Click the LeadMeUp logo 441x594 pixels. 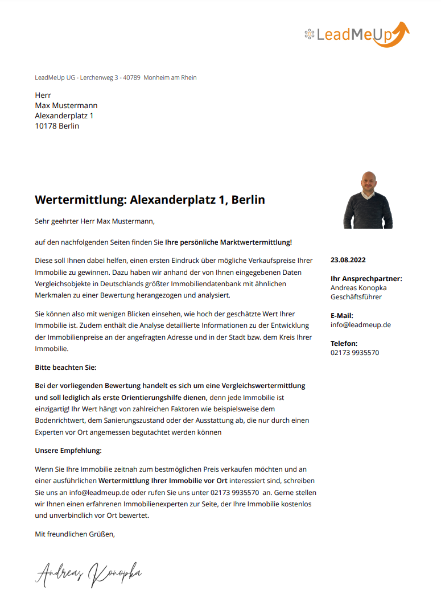[357, 34]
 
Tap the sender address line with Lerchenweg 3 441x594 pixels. [116, 77]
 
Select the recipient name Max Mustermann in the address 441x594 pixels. [66, 105]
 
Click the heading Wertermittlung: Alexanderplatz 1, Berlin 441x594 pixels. [150, 200]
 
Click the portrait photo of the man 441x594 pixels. [368, 200]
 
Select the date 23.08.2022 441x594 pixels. [348, 260]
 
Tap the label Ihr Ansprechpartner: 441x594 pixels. [366, 279]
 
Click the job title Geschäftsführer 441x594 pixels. [356, 297]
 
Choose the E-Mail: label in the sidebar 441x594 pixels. [341, 315]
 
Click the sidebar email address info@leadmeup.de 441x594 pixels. [360, 325]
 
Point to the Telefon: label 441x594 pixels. [344, 343]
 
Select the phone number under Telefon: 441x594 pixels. [355, 353]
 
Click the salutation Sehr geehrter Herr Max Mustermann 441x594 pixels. [94, 221]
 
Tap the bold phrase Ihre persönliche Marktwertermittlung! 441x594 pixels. [228, 242]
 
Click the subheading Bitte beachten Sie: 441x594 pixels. [65, 368]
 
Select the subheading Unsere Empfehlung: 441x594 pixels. [68, 451]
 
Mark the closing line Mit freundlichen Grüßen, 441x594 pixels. [75, 534]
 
